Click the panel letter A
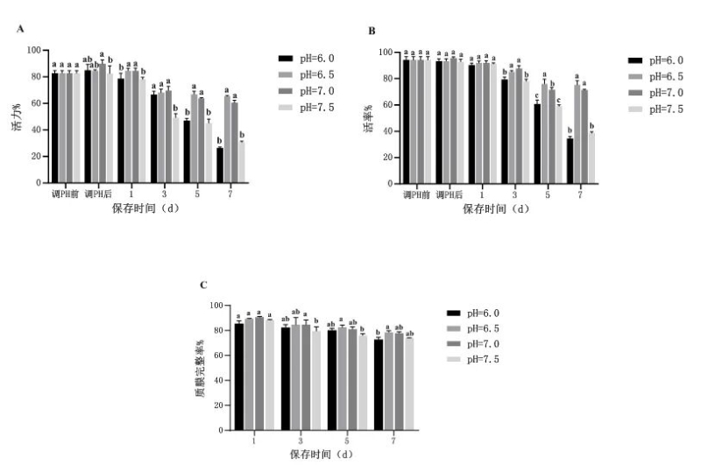coord(20,29)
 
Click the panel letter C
coord(204,285)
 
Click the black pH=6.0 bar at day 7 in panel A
coord(219,166)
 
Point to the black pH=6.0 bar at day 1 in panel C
coord(238,377)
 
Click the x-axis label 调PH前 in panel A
coord(64,193)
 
